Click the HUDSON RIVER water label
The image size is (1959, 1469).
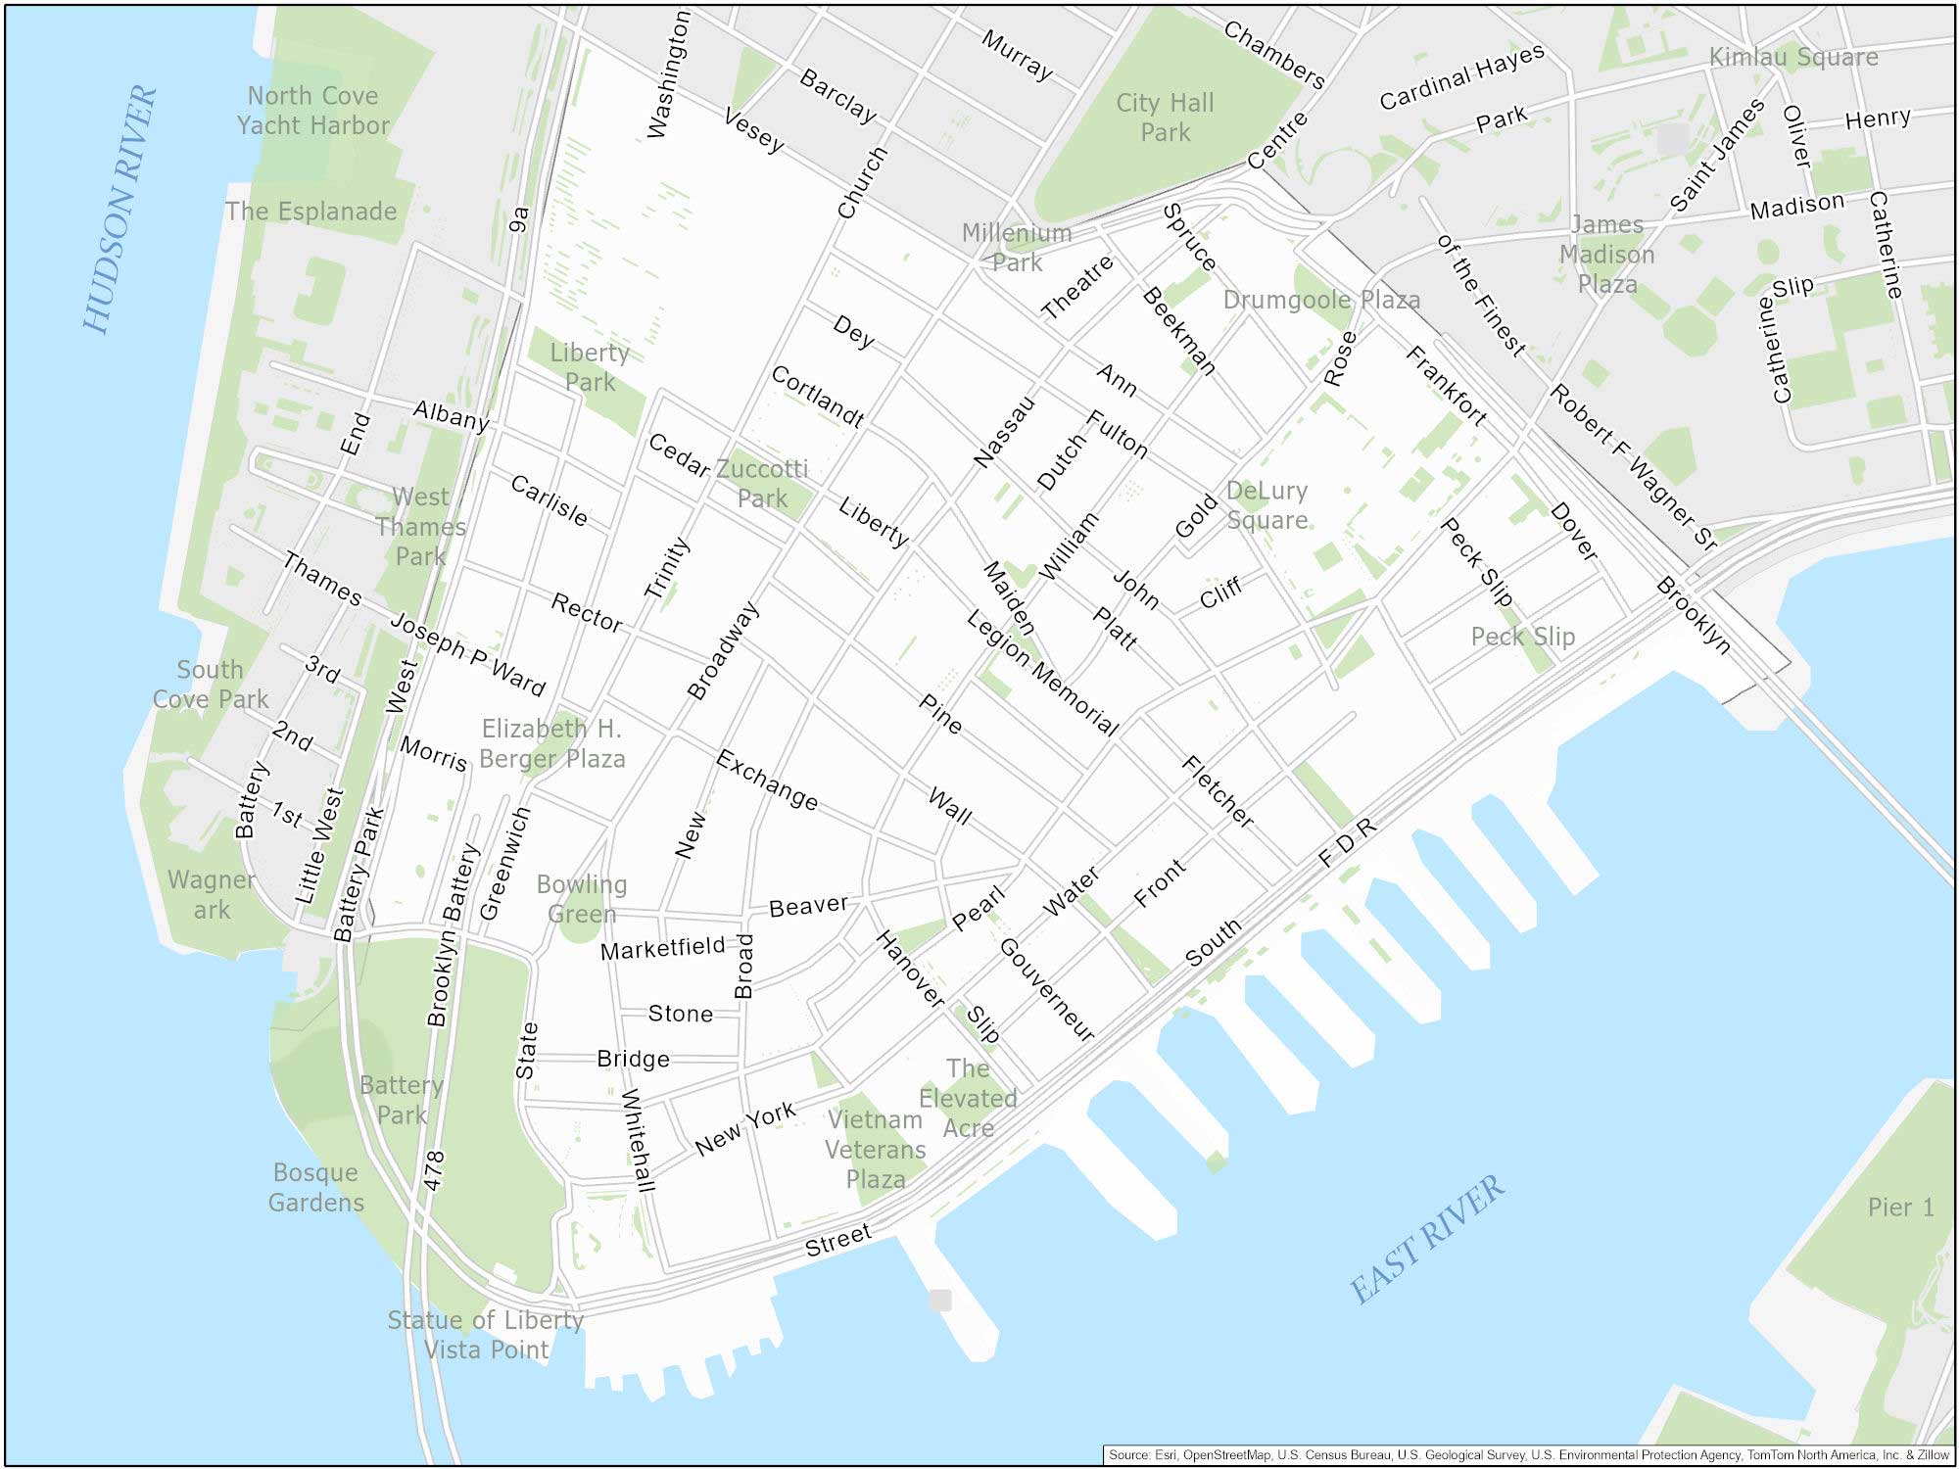tap(119, 209)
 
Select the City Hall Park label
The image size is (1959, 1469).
tap(1165, 118)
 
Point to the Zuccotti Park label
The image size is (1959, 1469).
tap(762, 484)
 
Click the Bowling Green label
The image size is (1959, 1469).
tap(582, 899)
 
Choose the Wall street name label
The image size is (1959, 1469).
tap(949, 806)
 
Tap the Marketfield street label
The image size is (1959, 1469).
tap(662, 948)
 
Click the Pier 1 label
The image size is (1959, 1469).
tap(1900, 1208)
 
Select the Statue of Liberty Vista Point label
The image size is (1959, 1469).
tap(486, 1335)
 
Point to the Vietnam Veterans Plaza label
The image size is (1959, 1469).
tap(876, 1149)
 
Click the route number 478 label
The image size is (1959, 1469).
tap(434, 1170)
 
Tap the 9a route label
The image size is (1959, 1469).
tap(519, 219)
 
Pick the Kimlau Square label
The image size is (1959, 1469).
tap(1793, 57)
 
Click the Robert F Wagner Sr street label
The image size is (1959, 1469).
tap(1633, 468)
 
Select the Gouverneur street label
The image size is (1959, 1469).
tap(1046, 989)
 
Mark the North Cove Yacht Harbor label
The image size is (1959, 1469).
tap(312, 111)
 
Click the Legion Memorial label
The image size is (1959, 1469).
tap(1042, 673)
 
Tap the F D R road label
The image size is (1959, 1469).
tap(1347, 842)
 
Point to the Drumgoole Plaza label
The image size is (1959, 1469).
tap(1321, 300)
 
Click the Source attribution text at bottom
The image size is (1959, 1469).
tap(1528, 1455)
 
